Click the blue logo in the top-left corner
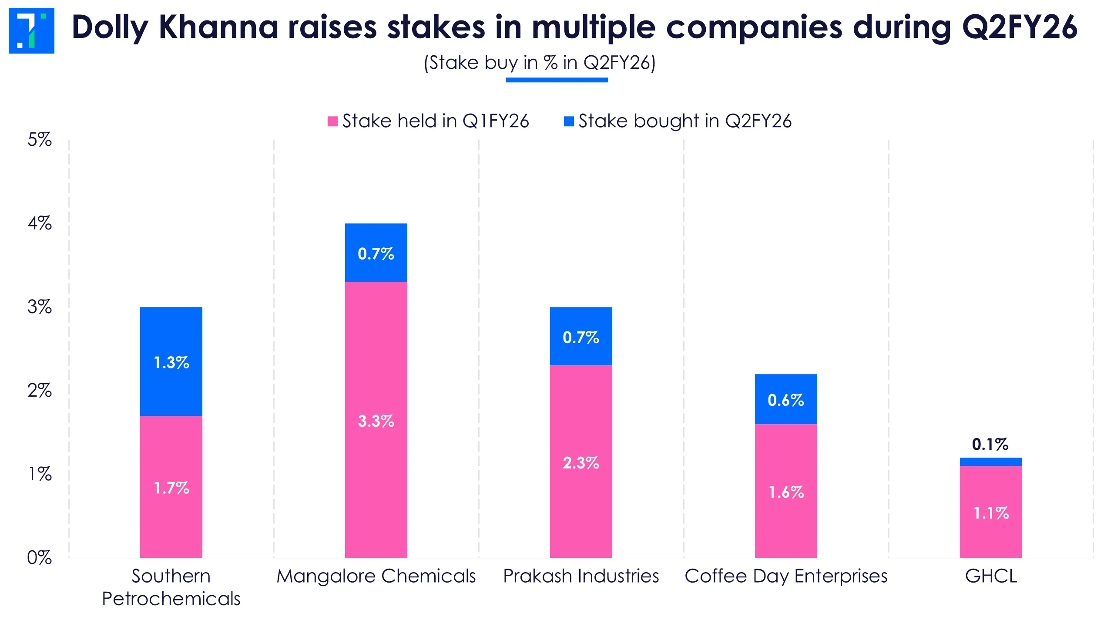(x=31, y=30)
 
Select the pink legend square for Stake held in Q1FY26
(x=332, y=121)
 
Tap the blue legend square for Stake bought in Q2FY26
(x=568, y=121)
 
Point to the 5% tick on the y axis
(x=40, y=140)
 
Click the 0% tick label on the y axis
(x=40, y=558)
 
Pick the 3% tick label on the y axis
(x=40, y=307)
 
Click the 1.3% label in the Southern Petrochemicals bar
(x=171, y=363)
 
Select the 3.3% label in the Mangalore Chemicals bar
(x=376, y=421)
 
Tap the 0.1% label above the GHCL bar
(x=990, y=444)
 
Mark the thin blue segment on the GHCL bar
(x=991, y=462)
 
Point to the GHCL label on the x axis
(x=991, y=576)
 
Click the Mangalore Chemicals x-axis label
(x=376, y=576)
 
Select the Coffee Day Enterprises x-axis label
(x=786, y=576)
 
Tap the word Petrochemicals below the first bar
(x=171, y=599)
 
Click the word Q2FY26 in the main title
(x=1020, y=27)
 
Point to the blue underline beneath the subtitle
(x=557, y=80)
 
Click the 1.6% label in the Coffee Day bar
(x=786, y=492)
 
